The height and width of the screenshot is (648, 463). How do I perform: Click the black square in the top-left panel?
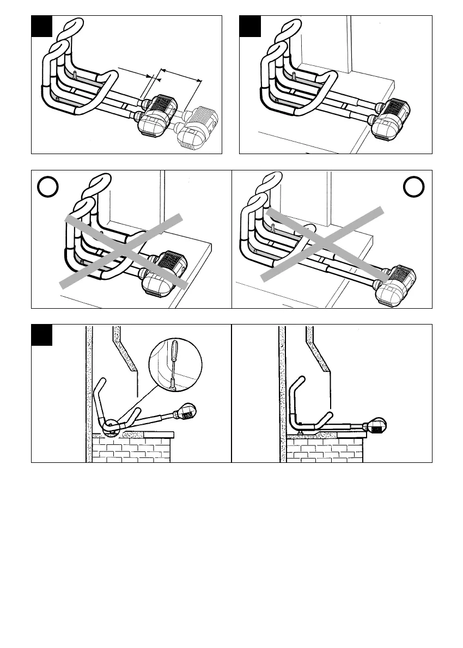[41, 26]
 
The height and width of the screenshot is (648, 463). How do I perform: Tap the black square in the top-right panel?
[250, 26]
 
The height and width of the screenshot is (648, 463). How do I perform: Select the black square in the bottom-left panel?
[41, 334]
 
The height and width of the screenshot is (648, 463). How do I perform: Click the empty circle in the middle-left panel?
[47, 187]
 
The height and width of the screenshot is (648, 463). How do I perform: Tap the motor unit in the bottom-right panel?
[376, 425]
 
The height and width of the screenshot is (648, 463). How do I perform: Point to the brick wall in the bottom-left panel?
[131, 449]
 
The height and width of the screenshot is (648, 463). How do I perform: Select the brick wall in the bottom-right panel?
[325, 450]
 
